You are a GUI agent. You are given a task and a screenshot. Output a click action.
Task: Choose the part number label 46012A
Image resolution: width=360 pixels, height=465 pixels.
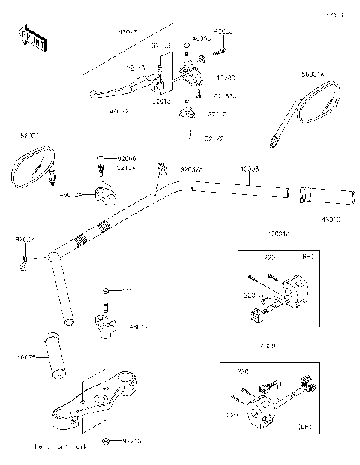coord(73,194)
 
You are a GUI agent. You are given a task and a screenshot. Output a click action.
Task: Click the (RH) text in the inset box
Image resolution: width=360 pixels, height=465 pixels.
coord(305,256)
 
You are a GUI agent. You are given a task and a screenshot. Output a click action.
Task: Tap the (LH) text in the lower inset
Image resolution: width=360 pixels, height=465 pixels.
coord(305,426)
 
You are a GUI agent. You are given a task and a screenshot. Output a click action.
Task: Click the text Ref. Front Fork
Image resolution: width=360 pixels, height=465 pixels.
coord(60,446)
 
